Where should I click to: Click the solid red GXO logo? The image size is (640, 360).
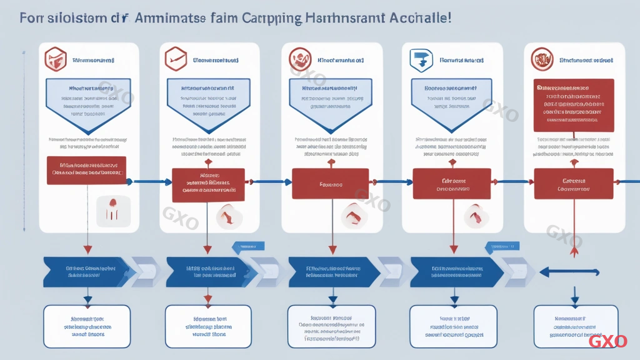pos(607,341)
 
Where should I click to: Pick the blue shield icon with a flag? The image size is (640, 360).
pos(417,60)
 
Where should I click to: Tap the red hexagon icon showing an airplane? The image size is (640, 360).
pos(176,59)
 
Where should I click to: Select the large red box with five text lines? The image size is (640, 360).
pos(573,104)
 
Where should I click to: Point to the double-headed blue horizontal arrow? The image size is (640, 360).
pos(569,272)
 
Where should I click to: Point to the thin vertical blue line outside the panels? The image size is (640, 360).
pos(22,137)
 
